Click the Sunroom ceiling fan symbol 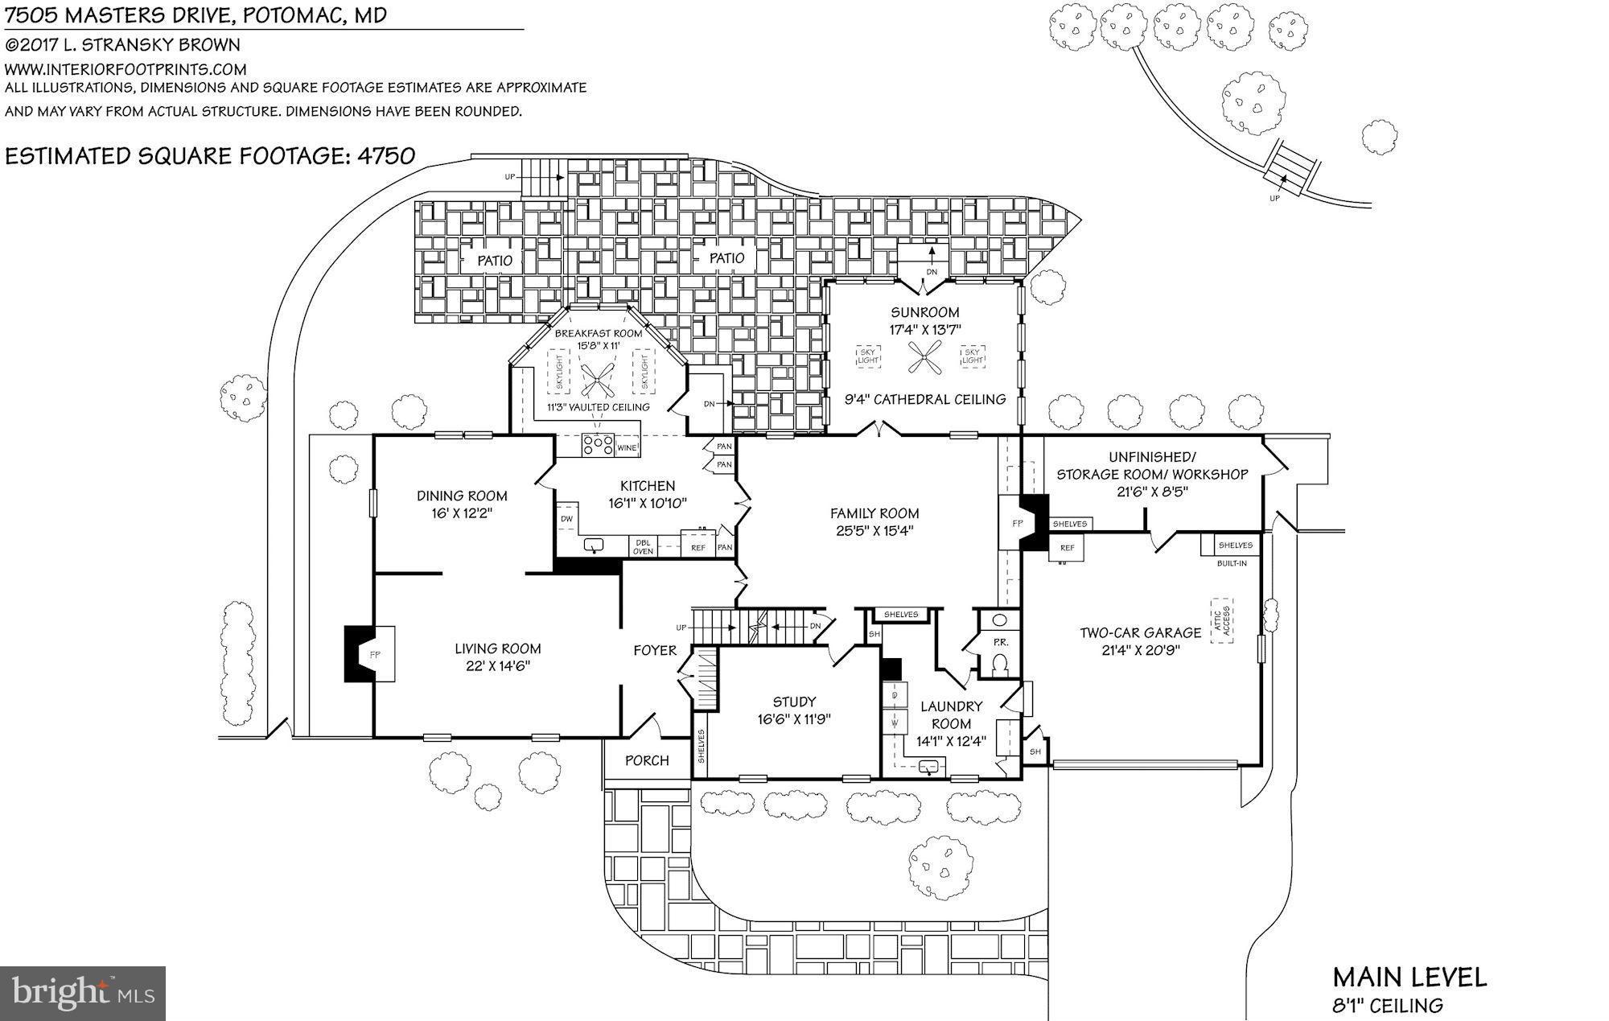[x=925, y=357]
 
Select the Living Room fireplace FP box [x=375, y=654]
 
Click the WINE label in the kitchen [x=628, y=447]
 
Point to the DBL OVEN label [x=643, y=547]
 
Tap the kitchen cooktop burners [x=598, y=444]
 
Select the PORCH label [x=647, y=760]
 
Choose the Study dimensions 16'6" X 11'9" [x=793, y=719]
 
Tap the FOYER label [x=655, y=650]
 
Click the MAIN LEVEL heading [x=1409, y=978]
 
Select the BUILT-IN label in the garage [x=1232, y=563]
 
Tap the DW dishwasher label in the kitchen [x=566, y=519]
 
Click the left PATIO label [x=495, y=261]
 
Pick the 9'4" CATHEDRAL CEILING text [x=924, y=399]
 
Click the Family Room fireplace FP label [x=1017, y=523]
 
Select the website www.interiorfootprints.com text [x=126, y=69]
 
